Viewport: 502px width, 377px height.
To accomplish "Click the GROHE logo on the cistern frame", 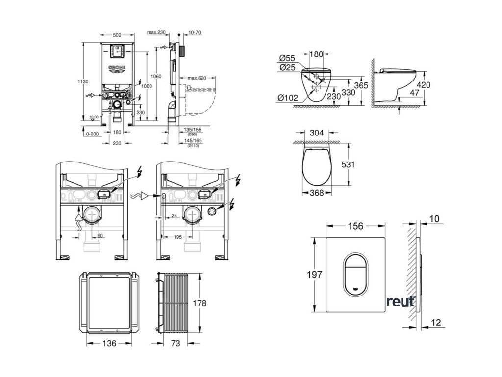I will pos(117,68).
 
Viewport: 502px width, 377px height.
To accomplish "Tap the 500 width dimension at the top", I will pos(117,35).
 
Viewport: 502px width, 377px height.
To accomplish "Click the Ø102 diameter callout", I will pos(288,97).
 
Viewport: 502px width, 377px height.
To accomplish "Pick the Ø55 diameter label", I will pos(287,58).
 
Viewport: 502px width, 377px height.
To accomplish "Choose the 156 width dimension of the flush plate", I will pos(356,226).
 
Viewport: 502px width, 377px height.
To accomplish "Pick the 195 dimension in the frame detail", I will pos(178,237).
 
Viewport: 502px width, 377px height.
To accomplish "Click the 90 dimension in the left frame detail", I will pos(100,236).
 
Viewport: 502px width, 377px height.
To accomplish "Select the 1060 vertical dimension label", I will pos(156,76).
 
